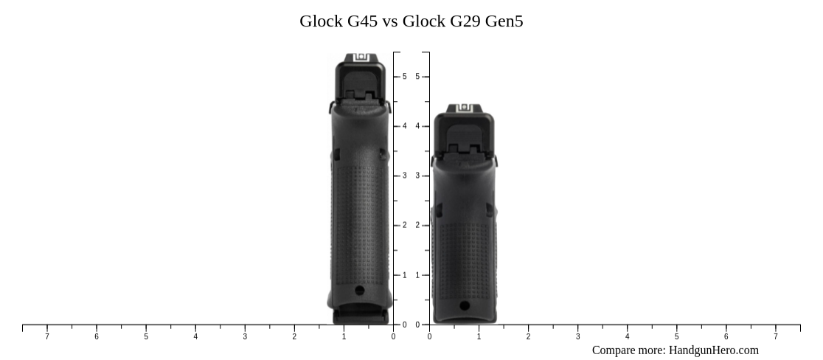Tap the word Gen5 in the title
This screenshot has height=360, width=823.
coord(504,21)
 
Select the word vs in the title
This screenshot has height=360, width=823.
coord(390,21)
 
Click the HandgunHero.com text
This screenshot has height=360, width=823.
coord(713,350)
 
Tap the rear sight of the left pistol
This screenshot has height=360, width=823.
coord(360,58)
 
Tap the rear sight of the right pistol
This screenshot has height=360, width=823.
coord(464,108)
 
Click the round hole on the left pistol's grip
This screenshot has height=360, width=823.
coord(360,290)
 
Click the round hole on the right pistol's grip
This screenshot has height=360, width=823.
coord(464,305)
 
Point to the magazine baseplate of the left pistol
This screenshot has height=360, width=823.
coord(360,317)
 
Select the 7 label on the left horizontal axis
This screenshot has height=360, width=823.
coord(47,337)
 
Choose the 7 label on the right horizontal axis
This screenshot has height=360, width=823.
coord(775,337)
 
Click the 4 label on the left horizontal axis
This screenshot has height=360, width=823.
coord(195,337)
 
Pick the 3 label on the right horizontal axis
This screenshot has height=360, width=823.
coord(577,337)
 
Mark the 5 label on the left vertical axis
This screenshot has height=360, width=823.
coord(404,77)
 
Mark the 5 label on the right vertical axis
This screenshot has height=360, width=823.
coord(417,77)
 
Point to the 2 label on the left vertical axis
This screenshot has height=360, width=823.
coord(404,226)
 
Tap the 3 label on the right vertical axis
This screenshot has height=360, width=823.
coord(417,176)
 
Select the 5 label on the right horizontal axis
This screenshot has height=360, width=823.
coord(676,337)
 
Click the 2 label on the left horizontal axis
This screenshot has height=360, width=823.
coord(294,337)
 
